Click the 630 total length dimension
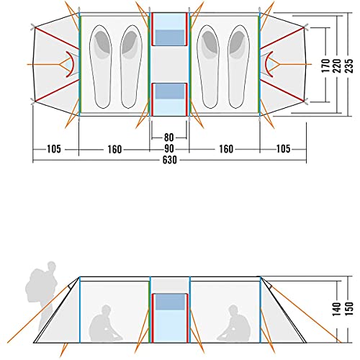(169, 160)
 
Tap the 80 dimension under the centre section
(168, 138)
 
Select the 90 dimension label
(169, 149)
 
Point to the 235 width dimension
(348, 66)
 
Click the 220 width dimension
(337, 66)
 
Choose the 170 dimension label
(325, 66)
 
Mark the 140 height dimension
(337, 309)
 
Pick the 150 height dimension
(348, 309)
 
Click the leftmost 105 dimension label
(54, 149)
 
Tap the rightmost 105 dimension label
(284, 149)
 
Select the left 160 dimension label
(114, 149)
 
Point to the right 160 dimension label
(226, 149)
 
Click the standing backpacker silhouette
(43, 295)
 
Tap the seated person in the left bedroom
(105, 323)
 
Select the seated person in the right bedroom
(234, 323)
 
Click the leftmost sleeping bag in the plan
(101, 66)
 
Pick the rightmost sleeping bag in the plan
(238, 66)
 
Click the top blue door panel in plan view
(170, 30)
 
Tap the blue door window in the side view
(170, 302)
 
